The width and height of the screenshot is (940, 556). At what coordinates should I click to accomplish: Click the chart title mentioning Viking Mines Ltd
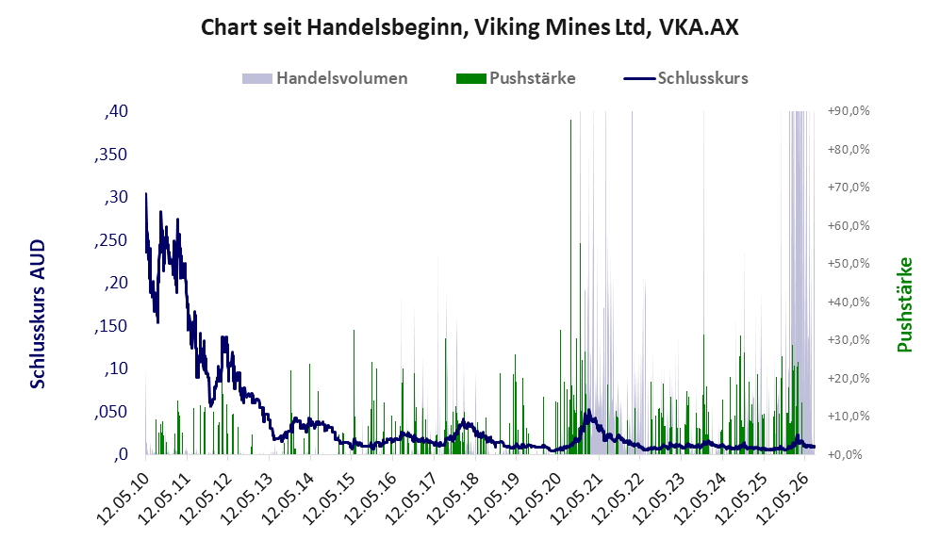pos(470,27)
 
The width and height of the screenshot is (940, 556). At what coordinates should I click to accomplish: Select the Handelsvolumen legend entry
pos(325,78)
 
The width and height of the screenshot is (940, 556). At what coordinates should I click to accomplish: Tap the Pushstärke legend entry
pos(516,78)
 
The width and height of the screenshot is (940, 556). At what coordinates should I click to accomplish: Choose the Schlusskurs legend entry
pos(685,78)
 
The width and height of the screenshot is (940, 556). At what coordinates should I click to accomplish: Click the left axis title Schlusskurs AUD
pos(38,314)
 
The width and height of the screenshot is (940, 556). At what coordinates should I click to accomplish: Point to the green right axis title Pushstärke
pos(904,305)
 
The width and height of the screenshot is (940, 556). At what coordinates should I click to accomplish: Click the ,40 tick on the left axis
pos(116,111)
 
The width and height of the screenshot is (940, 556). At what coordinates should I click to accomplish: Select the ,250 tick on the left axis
pos(111,239)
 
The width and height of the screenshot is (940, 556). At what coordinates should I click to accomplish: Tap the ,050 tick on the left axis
pos(111,412)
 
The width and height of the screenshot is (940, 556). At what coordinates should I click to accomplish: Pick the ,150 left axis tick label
pos(111,326)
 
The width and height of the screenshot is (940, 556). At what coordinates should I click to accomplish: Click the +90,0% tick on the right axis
pos(849,111)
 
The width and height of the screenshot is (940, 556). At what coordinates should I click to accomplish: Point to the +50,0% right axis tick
pos(849,264)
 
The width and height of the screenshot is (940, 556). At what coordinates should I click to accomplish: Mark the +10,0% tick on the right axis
pos(849,417)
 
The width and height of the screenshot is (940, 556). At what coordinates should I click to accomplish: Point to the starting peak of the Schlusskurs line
pos(146,193)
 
